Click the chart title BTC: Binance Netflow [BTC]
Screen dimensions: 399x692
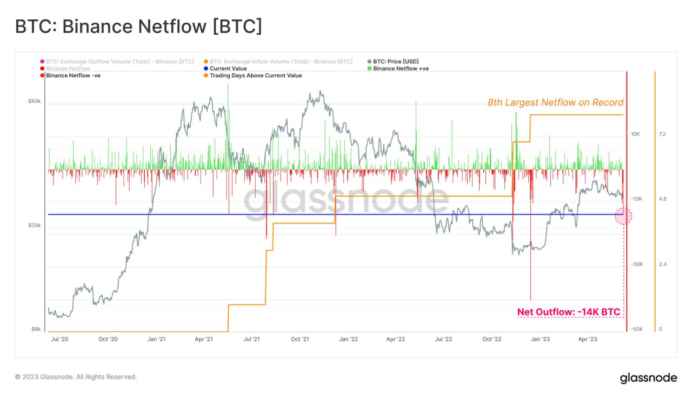pyautogui.click(x=138, y=27)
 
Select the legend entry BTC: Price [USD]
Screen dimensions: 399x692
pyautogui.click(x=395, y=62)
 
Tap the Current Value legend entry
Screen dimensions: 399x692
pyautogui.click(x=228, y=69)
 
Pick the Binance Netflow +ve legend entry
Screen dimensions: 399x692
pyautogui.click(x=401, y=69)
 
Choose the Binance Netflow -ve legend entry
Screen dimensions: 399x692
pyautogui.click(x=73, y=76)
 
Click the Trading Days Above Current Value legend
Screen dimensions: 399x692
pyautogui.click(x=255, y=76)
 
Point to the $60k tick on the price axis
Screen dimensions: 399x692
pyautogui.click(x=34, y=101)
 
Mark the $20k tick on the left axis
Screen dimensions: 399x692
pyautogui.click(x=34, y=225)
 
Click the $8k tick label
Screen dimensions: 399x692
pyautogui.click(x=36, y=329)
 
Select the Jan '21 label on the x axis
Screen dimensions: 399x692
pyautogui.click(x=156, y=339)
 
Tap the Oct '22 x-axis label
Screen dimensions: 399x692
pyautogui.click(x=491, y=339)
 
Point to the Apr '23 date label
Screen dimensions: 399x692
pyautogui.click(x=587, y=339)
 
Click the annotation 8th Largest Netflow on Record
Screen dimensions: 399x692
pyautogui.click(x=555, y=102)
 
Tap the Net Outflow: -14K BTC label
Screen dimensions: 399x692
pyautogui.click(x=569, y=312)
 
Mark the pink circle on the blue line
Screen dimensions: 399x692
pyautogui.click(x=623, y=215)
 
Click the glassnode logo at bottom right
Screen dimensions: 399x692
pyautogui.click(x=648, y=378)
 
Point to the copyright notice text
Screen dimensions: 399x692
pyautogui.click(x=76, y=377)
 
